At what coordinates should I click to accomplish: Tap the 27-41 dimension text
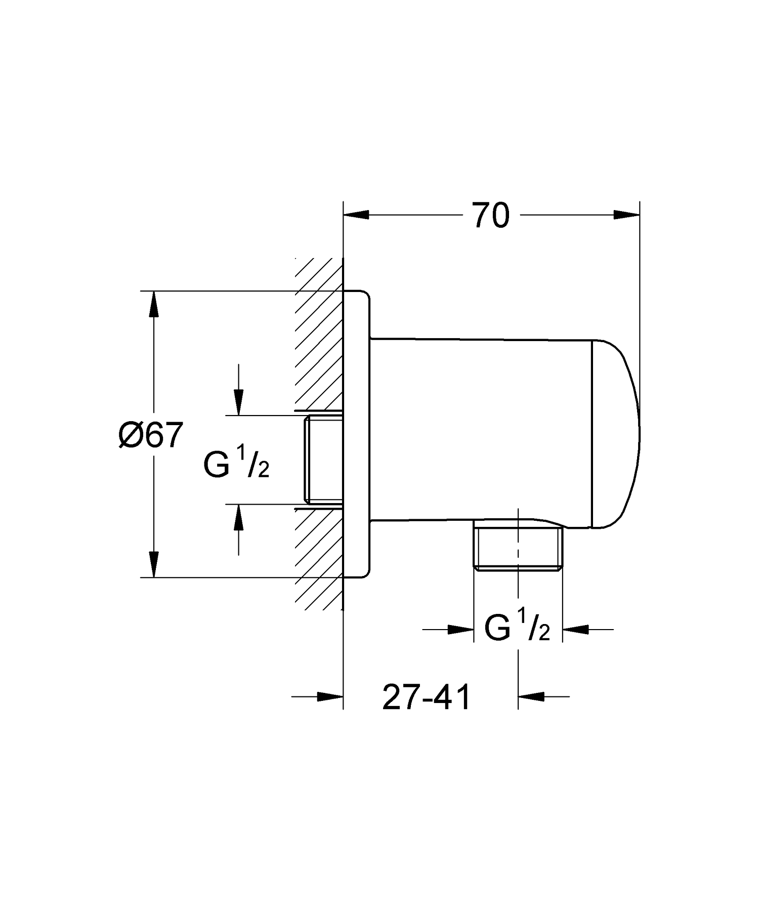pos(427,697)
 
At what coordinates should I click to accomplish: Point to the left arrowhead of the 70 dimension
pos(356,215)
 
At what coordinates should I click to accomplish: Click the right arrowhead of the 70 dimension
pos(627,215)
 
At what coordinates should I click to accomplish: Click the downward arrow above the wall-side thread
pos(239,390)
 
